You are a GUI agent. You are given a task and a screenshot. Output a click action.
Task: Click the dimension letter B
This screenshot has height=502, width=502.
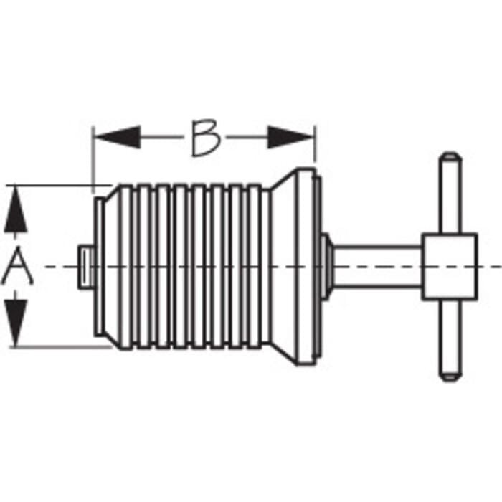pyautogui.click(x=207, y=138)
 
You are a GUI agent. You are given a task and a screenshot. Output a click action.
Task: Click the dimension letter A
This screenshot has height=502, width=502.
pyautogui.click(x=17, y=267)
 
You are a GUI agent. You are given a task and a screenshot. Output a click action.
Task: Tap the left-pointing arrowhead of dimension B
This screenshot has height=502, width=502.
pyautogui.click(x=118, y=137)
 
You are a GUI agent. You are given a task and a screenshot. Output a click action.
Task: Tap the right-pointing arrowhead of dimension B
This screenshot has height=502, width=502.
pyautogui.click(x=290, y=137)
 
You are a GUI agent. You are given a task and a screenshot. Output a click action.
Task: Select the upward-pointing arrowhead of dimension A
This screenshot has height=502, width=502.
pyautogui.click(x=15, y=210)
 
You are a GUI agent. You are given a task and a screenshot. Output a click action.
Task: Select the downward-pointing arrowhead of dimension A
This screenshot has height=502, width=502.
pyautogui.click(x=15, y=323)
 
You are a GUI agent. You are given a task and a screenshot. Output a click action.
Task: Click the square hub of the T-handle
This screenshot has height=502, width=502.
pyautogui.click(x=450, y=267)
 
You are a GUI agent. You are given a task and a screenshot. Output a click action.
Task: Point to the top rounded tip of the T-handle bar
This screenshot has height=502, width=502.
pyautogui.click(x=450, y=156)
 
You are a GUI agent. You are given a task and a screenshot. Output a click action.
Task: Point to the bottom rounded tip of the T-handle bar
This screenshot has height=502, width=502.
pyautogui.click(x=450, y=377)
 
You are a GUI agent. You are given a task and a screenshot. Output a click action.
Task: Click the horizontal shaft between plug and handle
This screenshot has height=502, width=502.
pyautogui.click(x=378, y=267)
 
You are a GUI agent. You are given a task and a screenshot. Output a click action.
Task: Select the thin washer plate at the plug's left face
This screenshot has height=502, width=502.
pyautogui.click(x=99, y=267)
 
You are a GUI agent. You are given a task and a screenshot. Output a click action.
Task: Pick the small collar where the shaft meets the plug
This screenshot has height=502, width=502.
pyautogui.click(x=326, y=267)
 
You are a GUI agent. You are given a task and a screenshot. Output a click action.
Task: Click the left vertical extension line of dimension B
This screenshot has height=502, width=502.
pyautogui.click(x=93, y=160)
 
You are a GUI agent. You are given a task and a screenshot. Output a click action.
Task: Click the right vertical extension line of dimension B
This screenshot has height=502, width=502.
pyautogui.click(x=315, y=144)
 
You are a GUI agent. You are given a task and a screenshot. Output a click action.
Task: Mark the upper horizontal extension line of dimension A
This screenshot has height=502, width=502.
pyautogui.click(x=60, y=185)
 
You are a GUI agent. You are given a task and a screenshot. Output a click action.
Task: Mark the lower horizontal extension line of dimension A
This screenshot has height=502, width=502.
pyautogui.click(x=61, y=346)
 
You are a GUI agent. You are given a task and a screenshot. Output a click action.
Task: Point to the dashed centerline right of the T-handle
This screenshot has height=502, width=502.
pyautogui.click(x=490, y=267)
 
